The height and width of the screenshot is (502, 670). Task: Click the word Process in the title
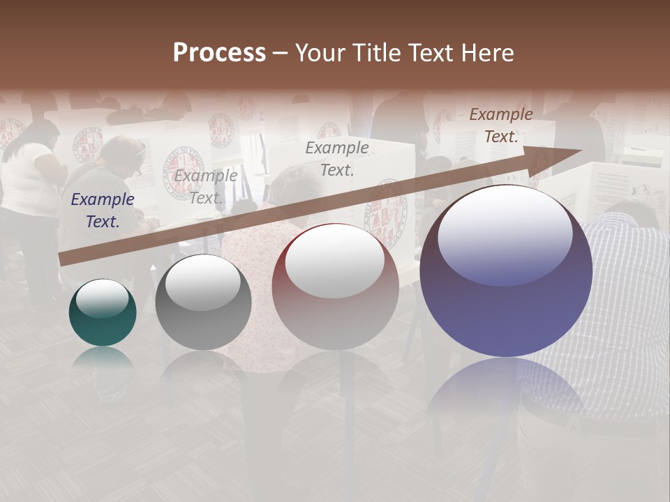click(x=219, y=53)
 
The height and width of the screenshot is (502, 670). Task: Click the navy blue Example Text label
click(x=102, y=211)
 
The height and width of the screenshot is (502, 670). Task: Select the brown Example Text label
click(x=500, y=125)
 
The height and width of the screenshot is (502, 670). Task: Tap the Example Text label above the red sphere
click(x=337, y=158)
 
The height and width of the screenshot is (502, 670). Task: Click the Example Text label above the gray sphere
click(x=205, y=186)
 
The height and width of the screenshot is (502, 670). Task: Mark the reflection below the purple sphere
click(x=506, y=390)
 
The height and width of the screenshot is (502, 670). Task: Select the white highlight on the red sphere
click(x=335, y=260)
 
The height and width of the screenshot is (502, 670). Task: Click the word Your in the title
click(x=320, y=53)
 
